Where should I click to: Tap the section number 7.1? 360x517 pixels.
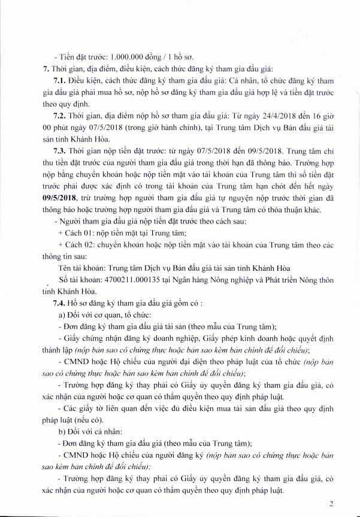[x=60, y=80]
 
